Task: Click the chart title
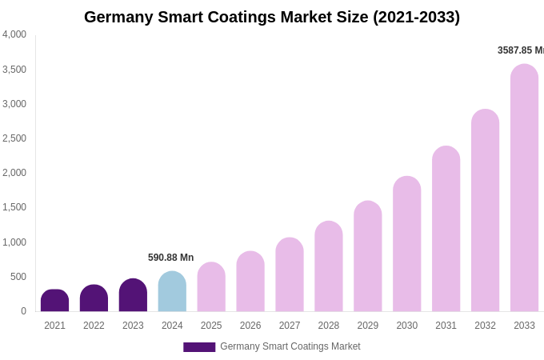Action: click(x=272, y=17)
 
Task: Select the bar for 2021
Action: click(x=54, y=301)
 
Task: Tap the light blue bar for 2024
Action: click(x=172, y=292)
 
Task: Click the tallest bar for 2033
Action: click(x=524, y=188)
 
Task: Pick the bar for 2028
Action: click(x=329, y=266)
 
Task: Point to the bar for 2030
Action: click(x=406, y=244)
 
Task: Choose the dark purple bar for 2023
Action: click(x=133, y=295)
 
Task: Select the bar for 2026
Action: click(x=250, y=282)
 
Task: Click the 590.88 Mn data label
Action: click(x=170, y=258)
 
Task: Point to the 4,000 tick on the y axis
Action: click(x=14, y=34)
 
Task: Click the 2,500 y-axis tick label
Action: click(x=14, y=138)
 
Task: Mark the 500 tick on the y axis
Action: click(x=18, y=277)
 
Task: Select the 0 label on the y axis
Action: click(x=23, y=311)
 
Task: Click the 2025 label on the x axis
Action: click(x=211, y=326)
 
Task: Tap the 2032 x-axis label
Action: click(x=485, y=326)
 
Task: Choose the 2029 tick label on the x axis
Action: click(x=368, y=326)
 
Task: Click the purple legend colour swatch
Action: click(x=199, y=347)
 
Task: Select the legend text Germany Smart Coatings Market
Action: click(x=290, y=346)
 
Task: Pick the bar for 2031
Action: click(x=446, y=229)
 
